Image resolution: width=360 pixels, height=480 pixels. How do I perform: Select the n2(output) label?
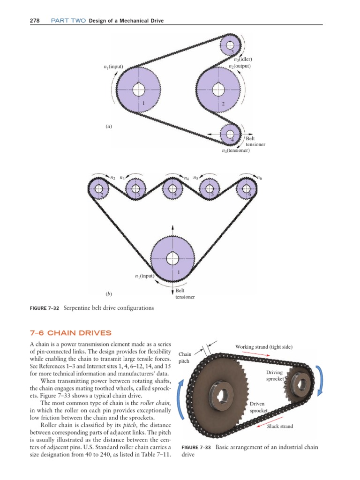tap(240, 67)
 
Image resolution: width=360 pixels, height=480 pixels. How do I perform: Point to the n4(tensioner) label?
tap(236, 151)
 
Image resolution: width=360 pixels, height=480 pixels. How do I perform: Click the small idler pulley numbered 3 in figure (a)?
tap(230, 45)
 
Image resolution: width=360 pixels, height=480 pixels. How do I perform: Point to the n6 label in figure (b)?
tap(260, 178)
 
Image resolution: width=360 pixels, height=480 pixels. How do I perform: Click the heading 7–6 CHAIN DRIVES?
tap(70, 333)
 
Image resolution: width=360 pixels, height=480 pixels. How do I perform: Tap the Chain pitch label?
tap(185, 358)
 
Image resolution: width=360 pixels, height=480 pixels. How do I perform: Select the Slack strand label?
tap(280, 426)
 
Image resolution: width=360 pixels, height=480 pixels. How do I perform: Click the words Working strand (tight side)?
tap(264, 347)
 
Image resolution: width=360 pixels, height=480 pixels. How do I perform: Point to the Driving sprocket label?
tap(275, 375)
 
